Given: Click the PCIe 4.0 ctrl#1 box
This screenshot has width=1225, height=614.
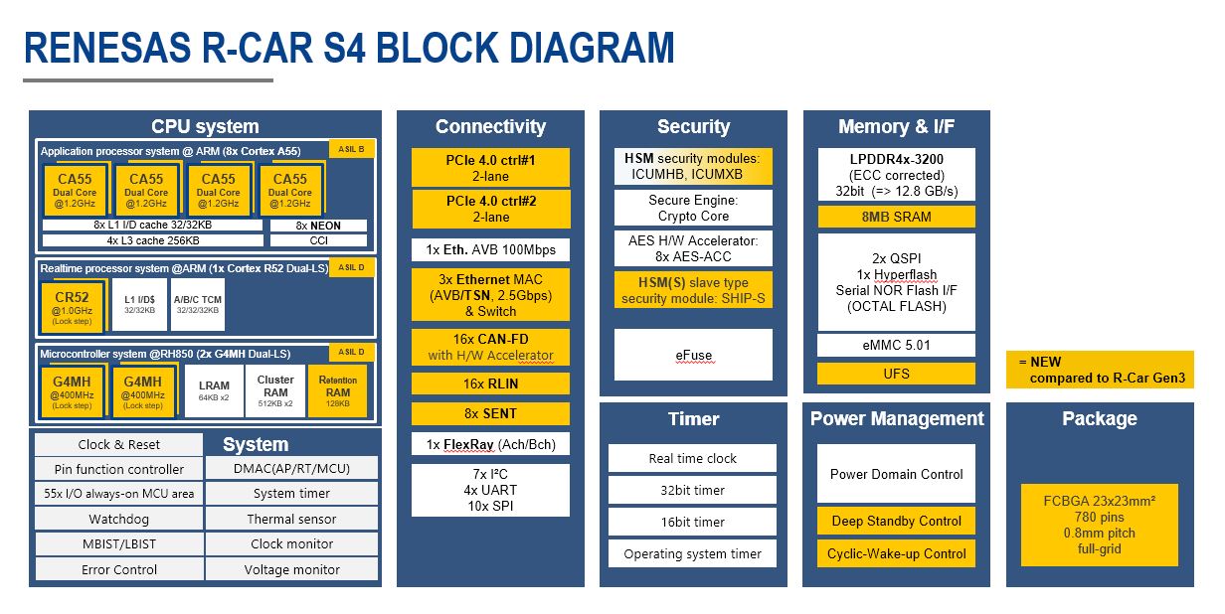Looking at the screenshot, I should click(x=491, y=167).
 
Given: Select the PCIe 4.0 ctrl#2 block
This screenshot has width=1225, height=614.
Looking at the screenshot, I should click(x=491, y=209).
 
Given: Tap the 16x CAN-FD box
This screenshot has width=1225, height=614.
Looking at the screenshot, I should click(x=491, y=347).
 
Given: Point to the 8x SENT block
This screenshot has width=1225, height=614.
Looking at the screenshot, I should click(x=491, y=413).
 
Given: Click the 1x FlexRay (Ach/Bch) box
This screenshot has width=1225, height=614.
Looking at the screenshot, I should click(x=491, y=445).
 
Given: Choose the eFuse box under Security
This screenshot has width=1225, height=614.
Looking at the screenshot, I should click(x=693, y=355).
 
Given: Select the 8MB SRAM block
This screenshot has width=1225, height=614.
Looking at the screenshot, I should click(x=896, y=217).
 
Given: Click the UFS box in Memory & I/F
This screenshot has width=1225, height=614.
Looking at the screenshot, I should click(x=896, y=374).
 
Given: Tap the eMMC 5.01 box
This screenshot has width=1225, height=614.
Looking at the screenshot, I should click(x=896, y=346).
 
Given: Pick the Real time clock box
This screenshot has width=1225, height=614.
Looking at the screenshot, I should click(x=693, y=458).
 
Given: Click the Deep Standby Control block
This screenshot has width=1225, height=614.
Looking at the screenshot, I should click(x=896, y=521).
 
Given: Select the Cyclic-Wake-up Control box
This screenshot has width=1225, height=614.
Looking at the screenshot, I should click(x=896, y=553).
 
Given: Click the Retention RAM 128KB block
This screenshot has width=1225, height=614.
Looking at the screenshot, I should click(x=337, y=390).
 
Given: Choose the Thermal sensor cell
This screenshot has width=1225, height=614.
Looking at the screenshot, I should click(x=291, y=519).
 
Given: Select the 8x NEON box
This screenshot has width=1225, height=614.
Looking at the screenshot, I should click(x=318, y=226).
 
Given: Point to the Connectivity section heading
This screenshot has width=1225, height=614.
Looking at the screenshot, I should click(x=491, y=126).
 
